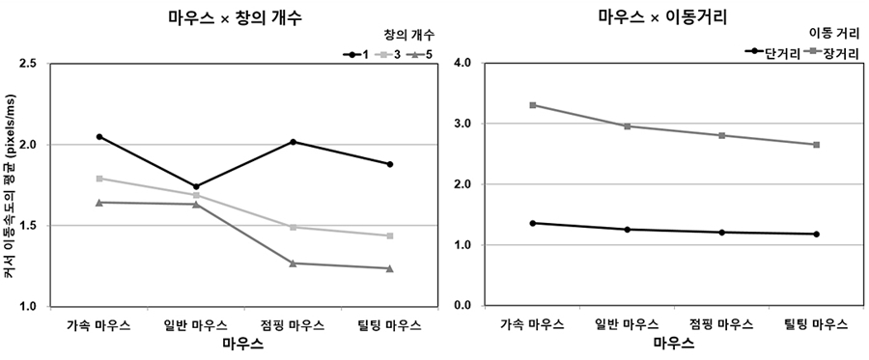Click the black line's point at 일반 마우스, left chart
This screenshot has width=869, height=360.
(x=196, y=186)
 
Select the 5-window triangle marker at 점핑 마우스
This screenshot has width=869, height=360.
(x=293, y=263)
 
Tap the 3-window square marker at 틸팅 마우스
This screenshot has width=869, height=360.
(x=389, y=235)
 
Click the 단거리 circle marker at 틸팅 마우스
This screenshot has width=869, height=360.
(x=816, y=234)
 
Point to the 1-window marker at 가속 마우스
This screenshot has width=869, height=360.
(x=99, y=137)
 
